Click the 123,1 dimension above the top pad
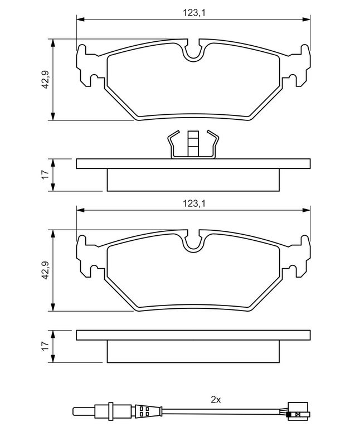pyautogui.click(x=193, y=13)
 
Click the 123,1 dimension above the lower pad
pyautogui.click(x=193, y=203)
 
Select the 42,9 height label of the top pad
pyautogui.click(x=46, y=79)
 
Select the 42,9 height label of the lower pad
pyautogui.click(x=46, y=270)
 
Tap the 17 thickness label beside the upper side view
pyautogui.click(x=46, y=174)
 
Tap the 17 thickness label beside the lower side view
pyautogui.click(x=46, y=346)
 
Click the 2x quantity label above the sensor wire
pyautogui.click(x=216, y=400)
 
